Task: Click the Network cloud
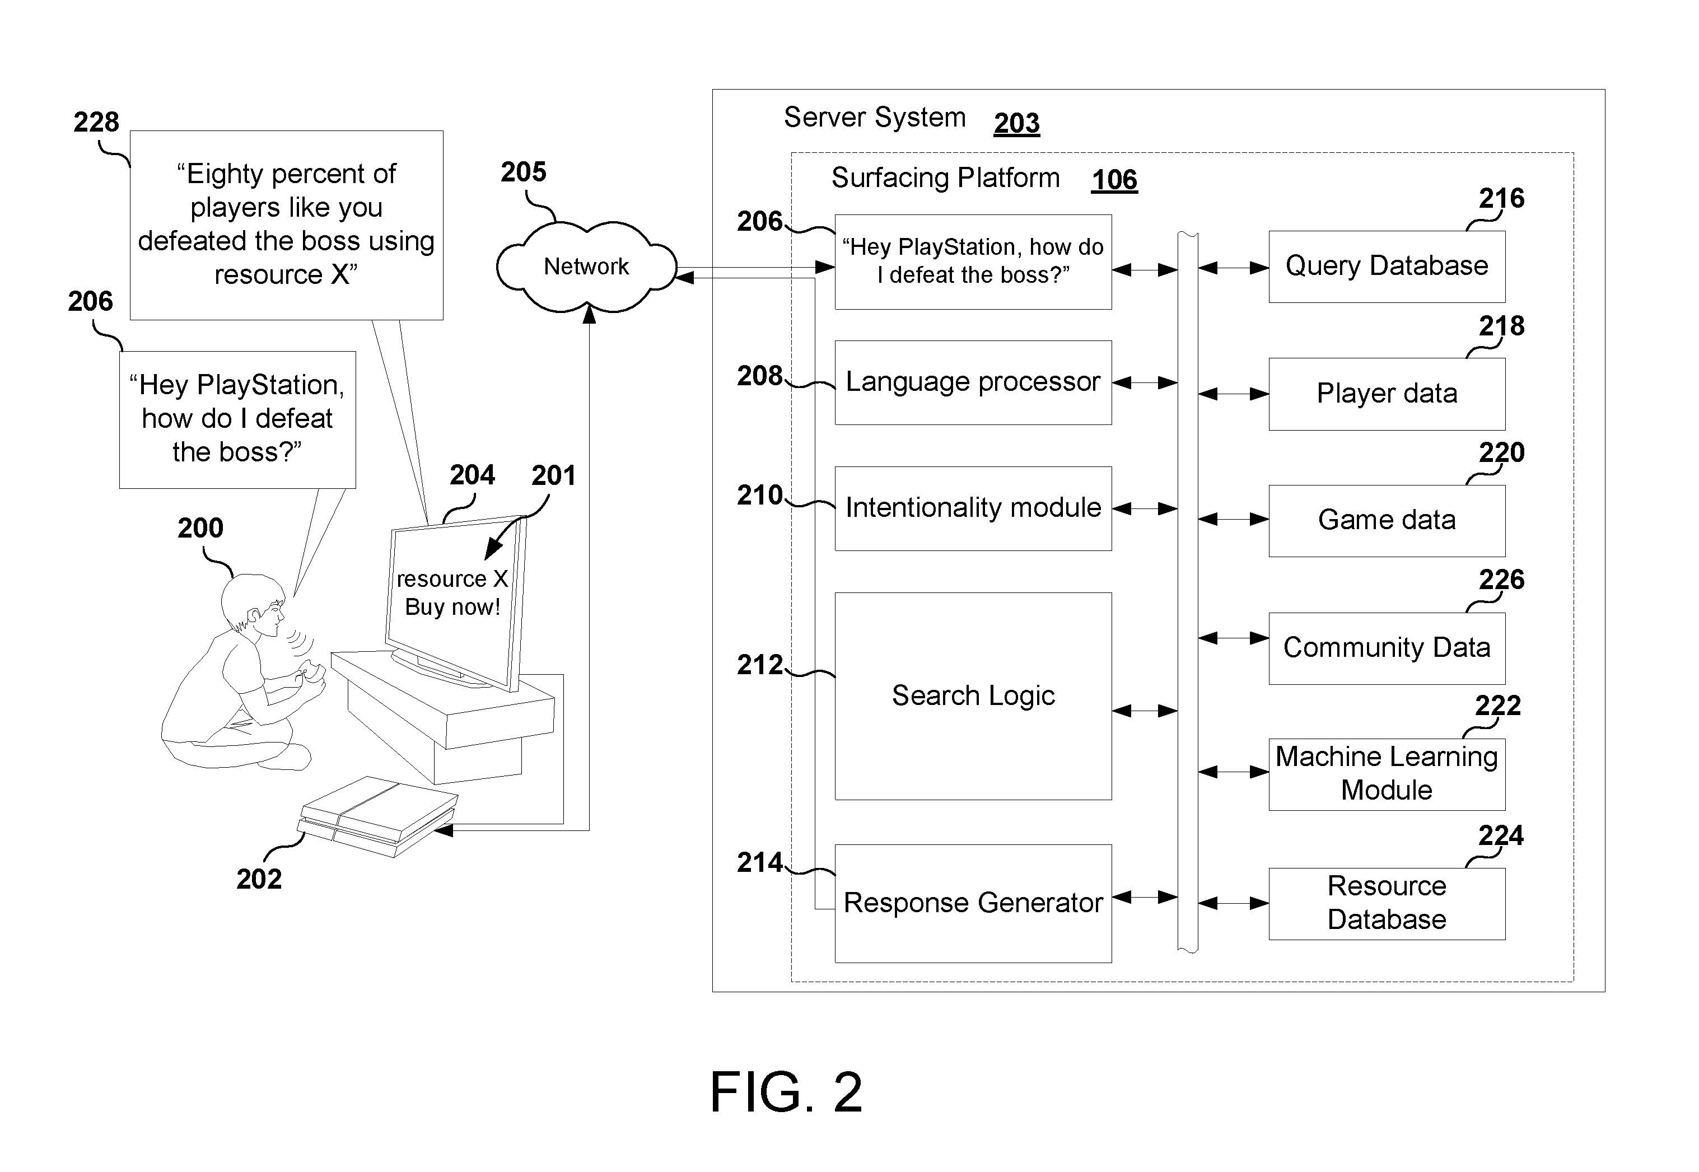[x=586, y=267]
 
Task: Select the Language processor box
[x=973, y=382]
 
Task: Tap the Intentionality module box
[x=973, y=508]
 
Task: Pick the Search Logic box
[x=973, y=695]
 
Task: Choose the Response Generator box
[x=973, y=903]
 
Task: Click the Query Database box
[x=1386, y=266]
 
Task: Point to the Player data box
[x=1386, y=394]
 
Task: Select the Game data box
[x=1386, y=520]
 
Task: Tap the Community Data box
[x=1386, y=648]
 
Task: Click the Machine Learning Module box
[x=1386, y=774]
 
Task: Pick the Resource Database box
[x=1386, y=903]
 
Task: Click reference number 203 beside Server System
[x=1016, y=123]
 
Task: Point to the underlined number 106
[x=1114, y=180]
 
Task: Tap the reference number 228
[x=96, y=122]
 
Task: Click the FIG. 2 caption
[x=786, y=1092]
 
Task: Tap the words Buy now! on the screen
[x=452, y=608]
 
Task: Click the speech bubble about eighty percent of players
[x=286, y=224]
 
